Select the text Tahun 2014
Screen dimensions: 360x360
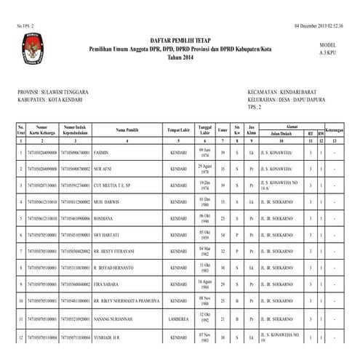click(180, 57)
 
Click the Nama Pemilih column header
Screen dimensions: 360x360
click(127, 129)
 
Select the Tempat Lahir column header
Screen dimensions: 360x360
click(178, 129)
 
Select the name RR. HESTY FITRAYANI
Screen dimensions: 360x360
click(119, 252)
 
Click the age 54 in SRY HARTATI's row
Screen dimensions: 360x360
click(222, 235)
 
